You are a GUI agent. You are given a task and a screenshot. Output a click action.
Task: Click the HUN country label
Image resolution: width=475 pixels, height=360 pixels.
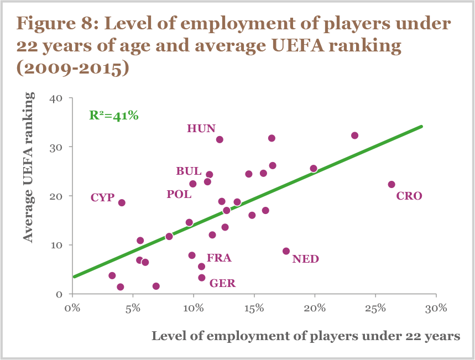click(x=201, y=128)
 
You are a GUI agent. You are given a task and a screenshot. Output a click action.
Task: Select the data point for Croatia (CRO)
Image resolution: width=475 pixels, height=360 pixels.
click(x=392, y=184)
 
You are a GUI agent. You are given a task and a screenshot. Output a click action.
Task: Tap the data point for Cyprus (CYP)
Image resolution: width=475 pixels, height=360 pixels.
click(x=122, y=203)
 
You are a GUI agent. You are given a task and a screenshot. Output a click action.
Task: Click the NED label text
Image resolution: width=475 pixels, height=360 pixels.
click(x=306, y=259)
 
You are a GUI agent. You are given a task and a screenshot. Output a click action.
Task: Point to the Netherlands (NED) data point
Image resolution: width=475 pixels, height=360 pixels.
click(x=286, y=251)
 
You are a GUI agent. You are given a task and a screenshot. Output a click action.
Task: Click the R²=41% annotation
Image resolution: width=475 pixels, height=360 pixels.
click(x=113, y=116)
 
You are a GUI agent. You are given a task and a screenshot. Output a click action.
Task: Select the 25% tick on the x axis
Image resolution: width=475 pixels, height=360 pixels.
click(x=375, y=307)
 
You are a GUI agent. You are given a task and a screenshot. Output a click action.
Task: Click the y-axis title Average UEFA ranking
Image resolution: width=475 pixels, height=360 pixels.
click(x=29, y=166)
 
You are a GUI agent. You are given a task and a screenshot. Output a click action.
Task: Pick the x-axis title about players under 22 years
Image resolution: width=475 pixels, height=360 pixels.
click(x=306, y=336)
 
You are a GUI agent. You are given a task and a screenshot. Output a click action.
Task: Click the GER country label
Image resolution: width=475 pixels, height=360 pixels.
click(x=222, y=284)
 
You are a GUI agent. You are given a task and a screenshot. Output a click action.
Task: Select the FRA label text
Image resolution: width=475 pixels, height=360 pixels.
click(x=219, y=258)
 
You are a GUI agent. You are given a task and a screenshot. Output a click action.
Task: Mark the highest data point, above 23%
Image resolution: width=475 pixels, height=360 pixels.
click(x=354, y=135)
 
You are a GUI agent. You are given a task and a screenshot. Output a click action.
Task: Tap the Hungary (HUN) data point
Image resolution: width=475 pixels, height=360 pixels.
click(x=220, y=139)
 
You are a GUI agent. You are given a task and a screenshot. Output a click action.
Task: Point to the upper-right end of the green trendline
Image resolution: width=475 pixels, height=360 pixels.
click(x=421, y=127)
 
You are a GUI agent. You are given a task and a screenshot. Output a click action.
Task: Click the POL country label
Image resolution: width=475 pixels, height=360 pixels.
click(x=179, y=194)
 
